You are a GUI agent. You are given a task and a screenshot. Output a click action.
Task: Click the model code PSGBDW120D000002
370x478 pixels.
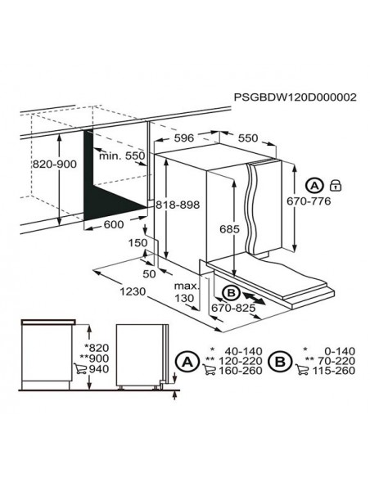pyautogui.click(x=295, y=97)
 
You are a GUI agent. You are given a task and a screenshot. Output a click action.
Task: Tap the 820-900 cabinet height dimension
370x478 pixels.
pyautogui.click(x=55, y=165)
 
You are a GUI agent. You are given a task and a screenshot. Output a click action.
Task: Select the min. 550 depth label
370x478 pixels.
pyautogui.click(x=122, y=156)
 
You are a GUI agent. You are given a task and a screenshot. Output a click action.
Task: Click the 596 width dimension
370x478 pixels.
pyautogui.click(x=184, y=138)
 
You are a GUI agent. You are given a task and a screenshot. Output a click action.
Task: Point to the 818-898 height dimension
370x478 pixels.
pyautogui.click(x=178, y=205)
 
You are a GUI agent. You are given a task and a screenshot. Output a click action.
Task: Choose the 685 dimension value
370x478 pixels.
pyautogui.click(x=229, y=229)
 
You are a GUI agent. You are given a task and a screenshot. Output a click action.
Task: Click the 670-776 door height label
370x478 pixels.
pyautogui.click(x=309, y=201)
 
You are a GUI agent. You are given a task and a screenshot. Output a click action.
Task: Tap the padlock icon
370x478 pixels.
pyautogui.click(x=336, y=185)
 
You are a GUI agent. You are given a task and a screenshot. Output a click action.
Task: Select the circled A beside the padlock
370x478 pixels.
pyautogui.click(x=314, y=185)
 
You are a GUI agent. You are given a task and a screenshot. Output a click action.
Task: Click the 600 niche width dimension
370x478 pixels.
pyautogui.click(x=114, y=224)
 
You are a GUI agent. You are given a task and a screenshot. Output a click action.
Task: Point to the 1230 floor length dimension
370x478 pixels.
pyautogui.click(x=133, y=291)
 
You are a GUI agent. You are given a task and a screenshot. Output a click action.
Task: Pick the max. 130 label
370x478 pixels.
pyautogui.click(x=186, y=291)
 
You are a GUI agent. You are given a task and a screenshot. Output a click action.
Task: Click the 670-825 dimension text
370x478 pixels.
pyautogui.click(x=233, y=308)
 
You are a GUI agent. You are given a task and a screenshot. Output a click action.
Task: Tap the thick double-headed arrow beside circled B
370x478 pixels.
pyautogui.click(x=254, y=298)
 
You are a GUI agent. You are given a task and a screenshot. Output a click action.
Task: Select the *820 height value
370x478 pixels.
pyautogui.click(x=97, y=348)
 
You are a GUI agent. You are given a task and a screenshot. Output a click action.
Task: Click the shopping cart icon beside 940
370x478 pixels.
pyautogui.click(x=79, y=368)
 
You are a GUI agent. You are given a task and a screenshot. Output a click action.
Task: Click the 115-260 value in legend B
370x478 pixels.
pyautogui.click(x=334, y=371)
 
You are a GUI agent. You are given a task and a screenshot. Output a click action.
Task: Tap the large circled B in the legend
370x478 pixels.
pyautogui.click(x=280, y=362)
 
